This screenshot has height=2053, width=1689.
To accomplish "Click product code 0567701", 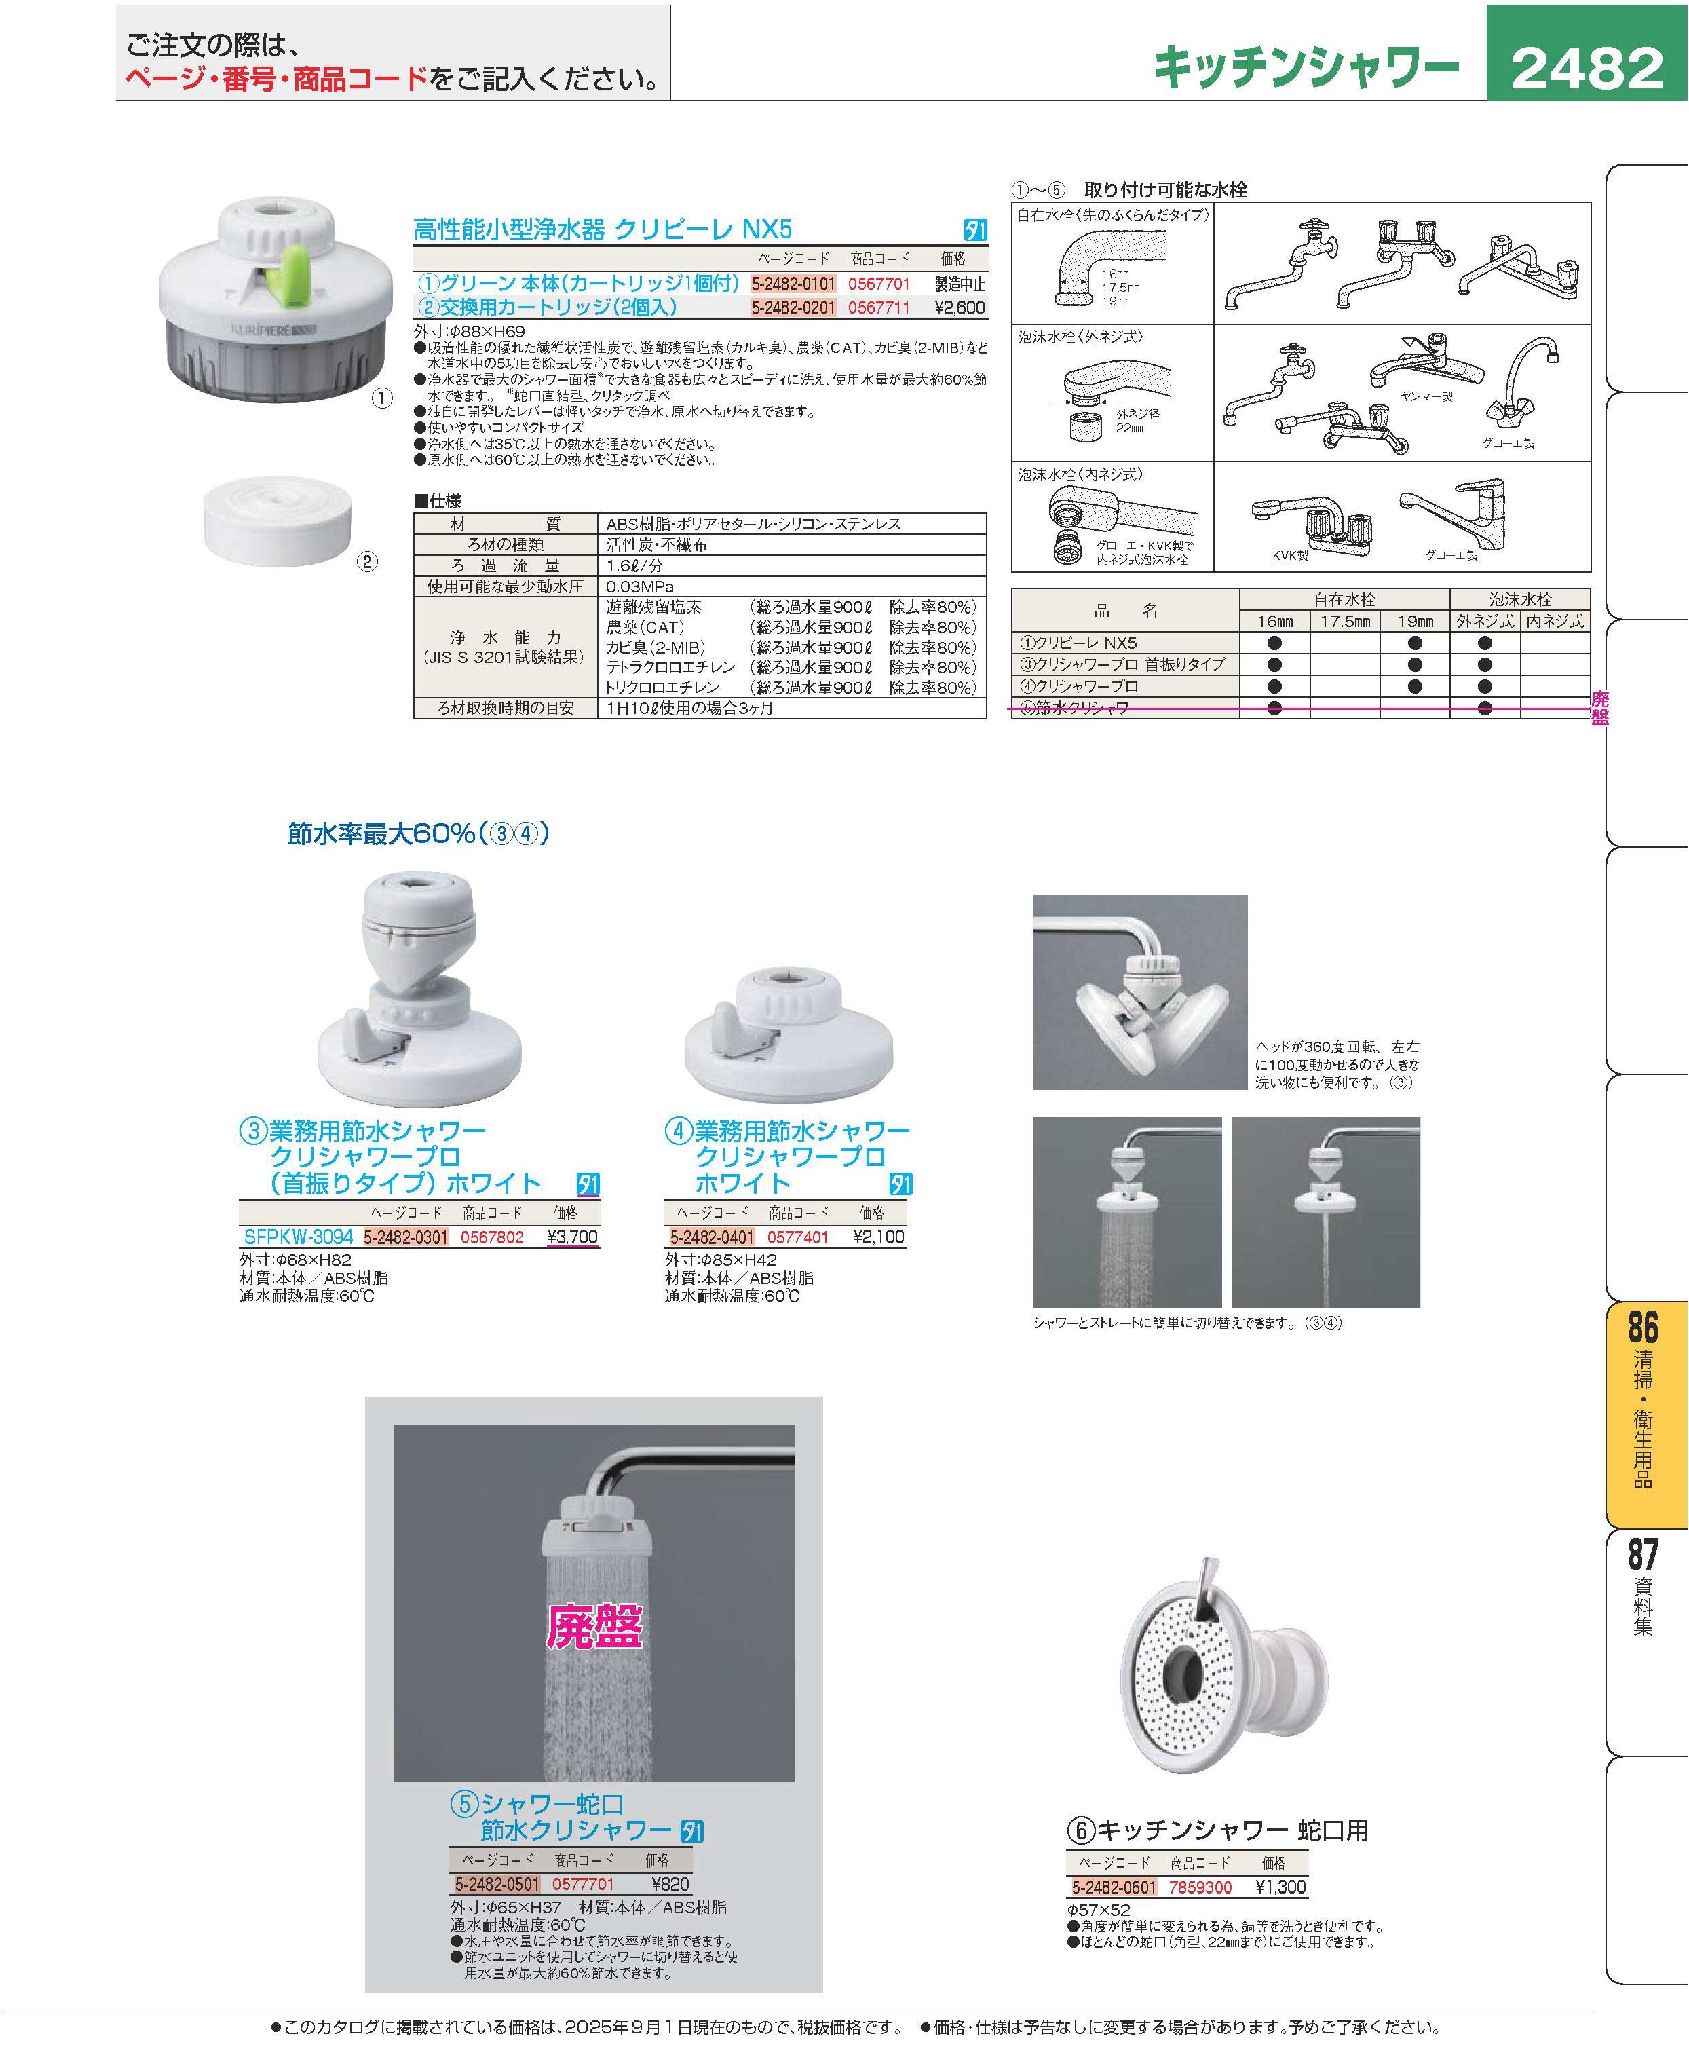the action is [x=879, y=284].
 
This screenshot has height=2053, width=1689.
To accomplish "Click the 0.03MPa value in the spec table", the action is [x=639, y=586].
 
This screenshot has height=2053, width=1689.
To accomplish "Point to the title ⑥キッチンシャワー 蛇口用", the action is [x=1218, y=1830].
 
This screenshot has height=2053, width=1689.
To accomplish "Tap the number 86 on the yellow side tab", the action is [x=1644, y=1328].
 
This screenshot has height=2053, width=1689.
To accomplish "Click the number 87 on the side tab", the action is [x=1644, y=1554].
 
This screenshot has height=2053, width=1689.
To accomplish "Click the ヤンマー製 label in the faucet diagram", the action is [x=1426, y=396].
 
